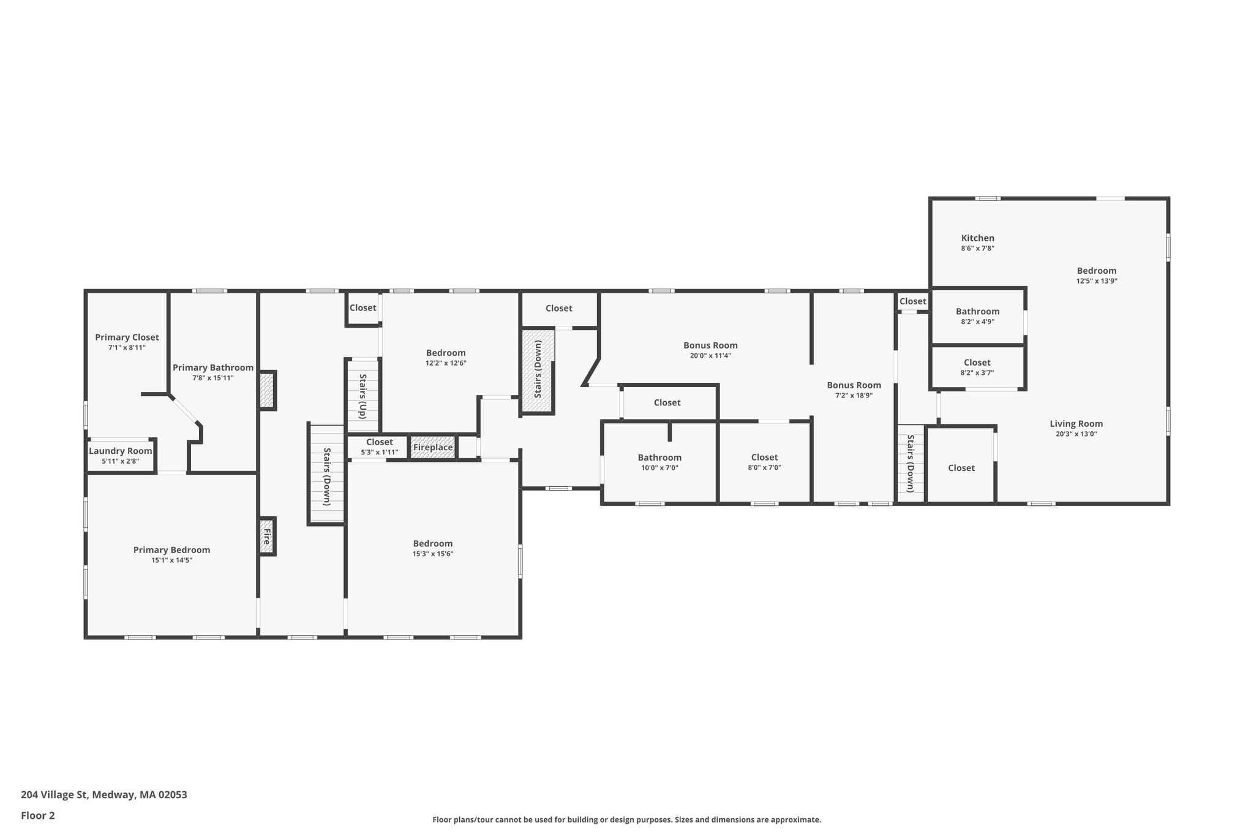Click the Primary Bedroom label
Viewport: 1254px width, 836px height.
[171, 550]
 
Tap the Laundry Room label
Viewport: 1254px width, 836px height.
[120, 451]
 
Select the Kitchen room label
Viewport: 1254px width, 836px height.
[978, 238]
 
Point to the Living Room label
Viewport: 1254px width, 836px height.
[1076, 424]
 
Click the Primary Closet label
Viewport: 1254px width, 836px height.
[127, 337]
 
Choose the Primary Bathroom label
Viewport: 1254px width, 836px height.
[213, 367]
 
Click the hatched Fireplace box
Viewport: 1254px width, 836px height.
[433, 447]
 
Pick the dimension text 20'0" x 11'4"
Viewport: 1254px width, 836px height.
[710, 356]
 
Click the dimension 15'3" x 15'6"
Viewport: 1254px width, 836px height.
[433, 554]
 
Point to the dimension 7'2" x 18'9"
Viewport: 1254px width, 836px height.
[854, 396]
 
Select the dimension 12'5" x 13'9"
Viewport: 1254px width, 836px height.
[1097, 281]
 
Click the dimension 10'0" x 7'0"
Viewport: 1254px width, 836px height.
[659, 468]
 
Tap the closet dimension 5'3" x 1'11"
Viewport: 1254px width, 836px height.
[380, 453]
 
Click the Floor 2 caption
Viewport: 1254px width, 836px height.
[38, 815]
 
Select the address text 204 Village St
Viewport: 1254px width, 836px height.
[55, 794]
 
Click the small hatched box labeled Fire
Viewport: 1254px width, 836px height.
[267, 537]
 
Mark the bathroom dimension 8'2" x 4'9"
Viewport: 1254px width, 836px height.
[978, 322]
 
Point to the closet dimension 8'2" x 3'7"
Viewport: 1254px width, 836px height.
[977, 372]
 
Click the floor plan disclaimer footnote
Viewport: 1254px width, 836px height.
[627, 819]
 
